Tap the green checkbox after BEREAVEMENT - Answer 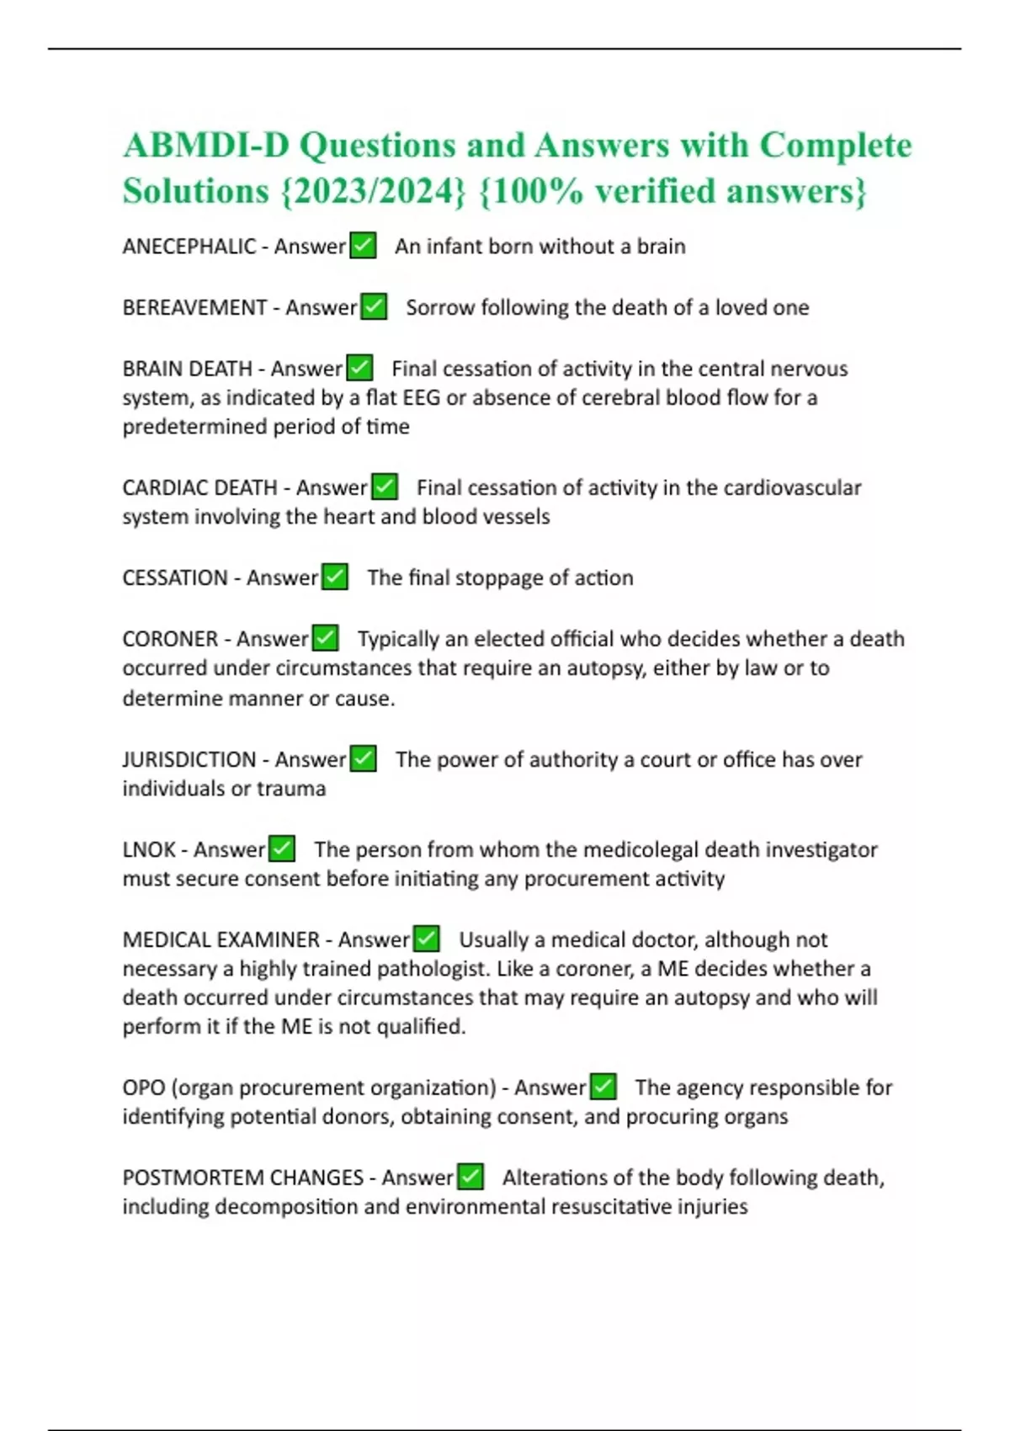tap(374, 307)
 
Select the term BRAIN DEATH tap(187, 369)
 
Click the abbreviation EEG tap(421, 397)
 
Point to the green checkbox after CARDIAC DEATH tap(385, 487)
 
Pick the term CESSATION tap(175, 578)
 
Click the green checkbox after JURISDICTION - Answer tap(363, 759)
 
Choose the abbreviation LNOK tap(149, 850)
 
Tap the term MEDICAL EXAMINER tap(221, 939)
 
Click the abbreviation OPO tap(143, 1088)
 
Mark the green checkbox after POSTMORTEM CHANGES tap(470, 1177)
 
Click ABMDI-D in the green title tap(205, 146)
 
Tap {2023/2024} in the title tap(370, 191)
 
